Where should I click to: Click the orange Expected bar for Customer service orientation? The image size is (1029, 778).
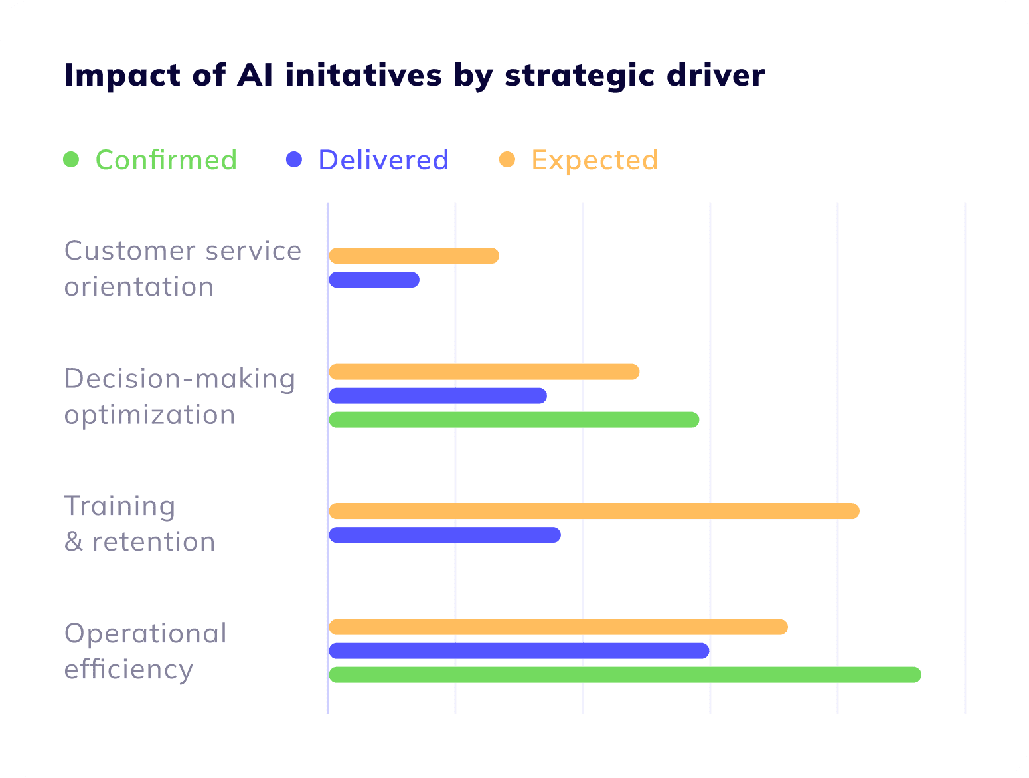pos(414,256)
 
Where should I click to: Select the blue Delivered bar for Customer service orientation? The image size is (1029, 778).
pos(374,280)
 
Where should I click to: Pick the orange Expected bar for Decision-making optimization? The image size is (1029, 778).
pos(484,372)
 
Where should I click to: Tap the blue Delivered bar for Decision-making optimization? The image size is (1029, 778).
pos(437,396)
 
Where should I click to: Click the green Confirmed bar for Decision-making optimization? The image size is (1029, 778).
pos(514,420)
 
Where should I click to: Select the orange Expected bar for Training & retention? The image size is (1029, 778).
pos(594,511)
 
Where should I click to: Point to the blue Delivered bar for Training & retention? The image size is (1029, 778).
pos(445,535)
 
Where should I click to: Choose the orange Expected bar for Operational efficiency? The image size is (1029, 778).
pos(558,627)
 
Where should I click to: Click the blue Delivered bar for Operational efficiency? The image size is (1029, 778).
pos(519,651)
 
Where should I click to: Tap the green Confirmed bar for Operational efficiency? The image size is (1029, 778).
pos(625,675)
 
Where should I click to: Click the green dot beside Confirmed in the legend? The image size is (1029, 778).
pos(71,159)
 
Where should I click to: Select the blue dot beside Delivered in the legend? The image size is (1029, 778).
pos(294,159)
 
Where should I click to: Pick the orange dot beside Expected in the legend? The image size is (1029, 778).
pos(507,159)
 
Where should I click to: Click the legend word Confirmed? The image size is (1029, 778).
pos(166,160)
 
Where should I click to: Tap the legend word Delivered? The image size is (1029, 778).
pos(384,160)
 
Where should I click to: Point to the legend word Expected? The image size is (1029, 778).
pos(595,160)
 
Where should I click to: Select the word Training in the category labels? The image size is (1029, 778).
pos(120,506)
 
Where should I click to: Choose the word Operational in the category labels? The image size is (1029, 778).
pos(146,634)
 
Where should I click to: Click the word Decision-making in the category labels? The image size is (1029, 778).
pos(180,379)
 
